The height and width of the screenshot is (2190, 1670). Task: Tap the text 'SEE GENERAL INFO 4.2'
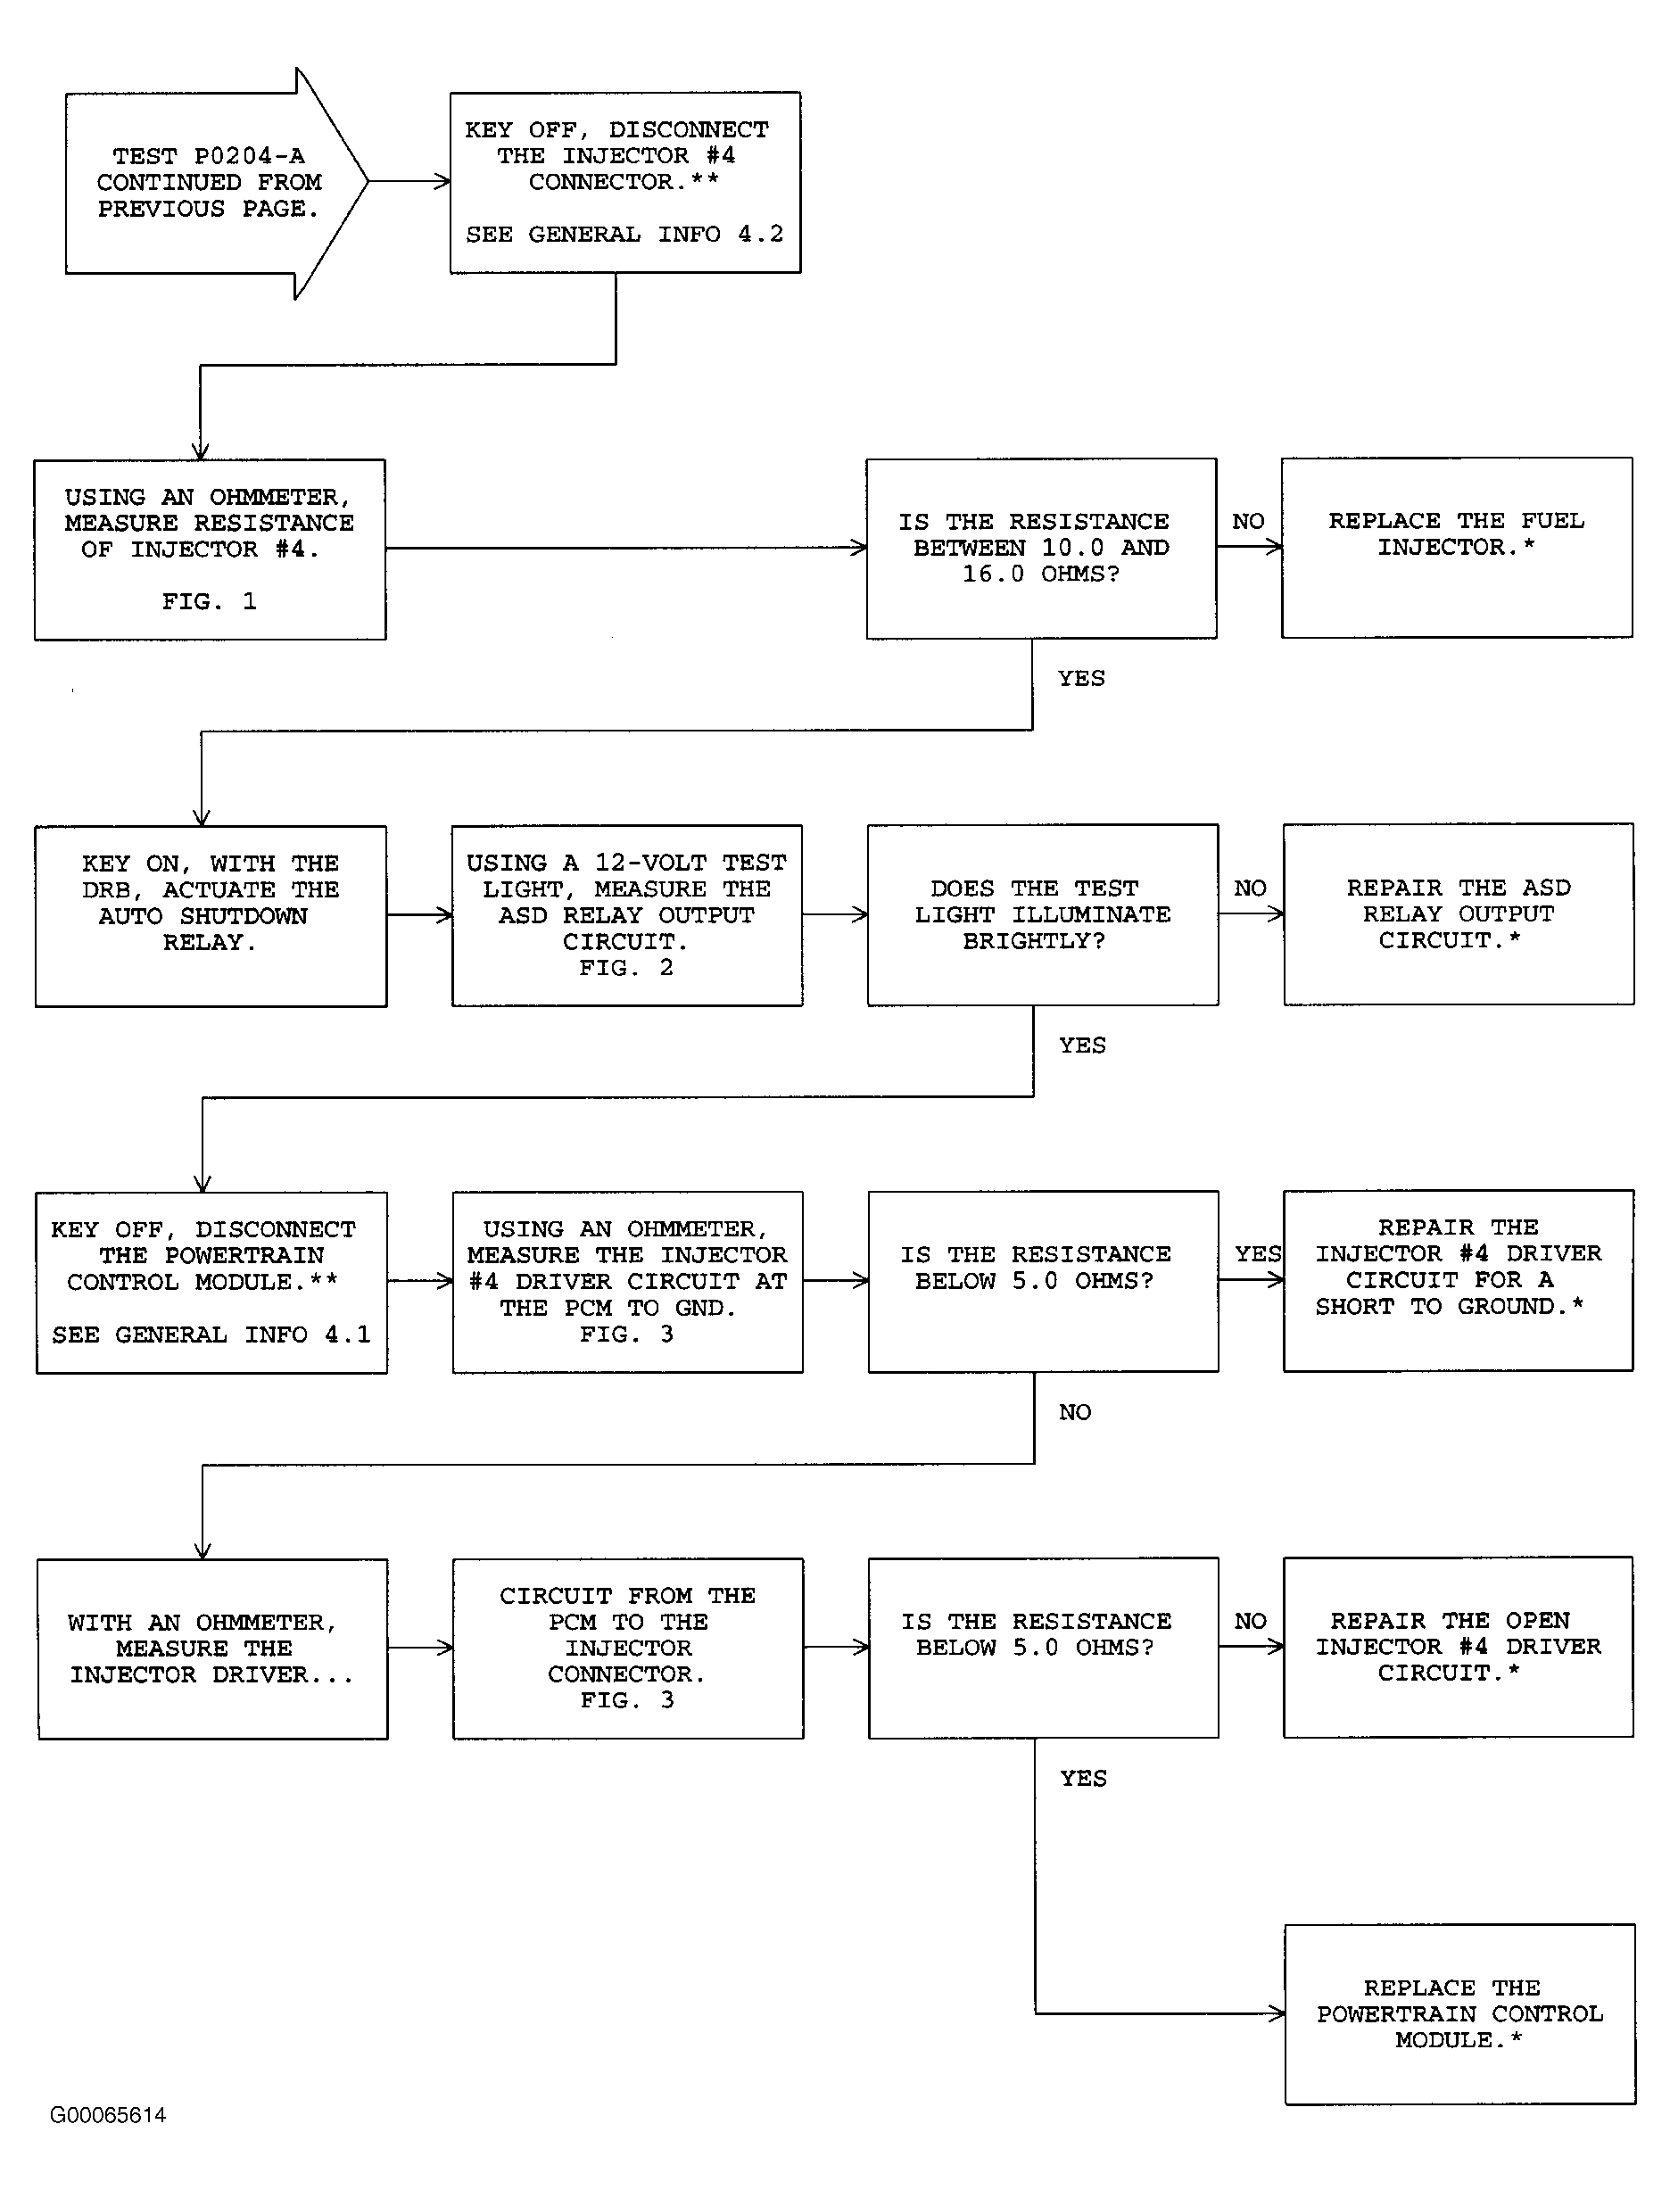click(624, 235)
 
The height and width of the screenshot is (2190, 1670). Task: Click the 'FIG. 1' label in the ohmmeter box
click(210, 601)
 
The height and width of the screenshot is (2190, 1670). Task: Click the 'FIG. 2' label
click(626, 968)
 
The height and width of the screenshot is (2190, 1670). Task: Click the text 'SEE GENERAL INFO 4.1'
click(211, 1335)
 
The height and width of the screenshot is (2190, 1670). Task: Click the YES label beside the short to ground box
click(1258, 1254)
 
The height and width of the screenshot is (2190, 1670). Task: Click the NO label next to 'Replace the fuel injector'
click(1249, 522)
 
